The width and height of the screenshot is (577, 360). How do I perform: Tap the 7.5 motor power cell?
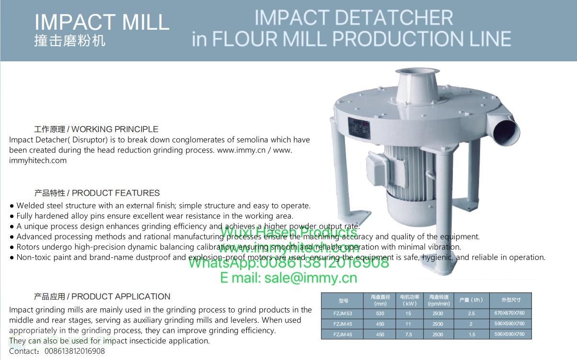click(408, 335)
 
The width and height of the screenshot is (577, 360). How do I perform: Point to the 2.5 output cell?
click(472, 314)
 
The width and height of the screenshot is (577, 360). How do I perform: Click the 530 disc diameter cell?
click(380, 314)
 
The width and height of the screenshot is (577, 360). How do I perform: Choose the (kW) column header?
click(409, 304)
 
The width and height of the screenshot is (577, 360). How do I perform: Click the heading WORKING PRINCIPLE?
click(115, 129)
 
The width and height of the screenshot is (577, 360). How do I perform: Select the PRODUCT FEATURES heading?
click(115, 193)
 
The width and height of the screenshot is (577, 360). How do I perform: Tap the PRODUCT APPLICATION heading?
click(121, 297)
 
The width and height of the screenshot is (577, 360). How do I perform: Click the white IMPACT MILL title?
click(102, 22)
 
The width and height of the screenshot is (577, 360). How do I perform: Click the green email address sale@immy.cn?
click(288, 278)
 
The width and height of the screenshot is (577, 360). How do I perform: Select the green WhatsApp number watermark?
click(288, 262)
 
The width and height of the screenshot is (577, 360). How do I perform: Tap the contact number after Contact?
click(74, 351)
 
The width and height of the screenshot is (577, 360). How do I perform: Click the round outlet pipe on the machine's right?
click(506, 129)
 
